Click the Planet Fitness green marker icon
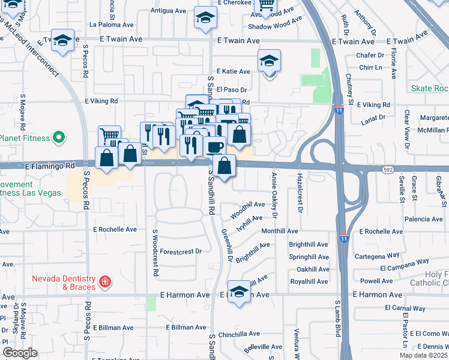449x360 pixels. (58, 139)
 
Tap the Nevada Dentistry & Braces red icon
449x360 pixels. (105, 281)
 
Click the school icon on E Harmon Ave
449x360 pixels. (239, 292)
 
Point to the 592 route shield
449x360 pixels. (388, 170)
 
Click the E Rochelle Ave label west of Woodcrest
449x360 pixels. (115, 229)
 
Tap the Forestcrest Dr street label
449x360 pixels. (181, 251)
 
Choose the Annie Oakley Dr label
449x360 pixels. (274, 195)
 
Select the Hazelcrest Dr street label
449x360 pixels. (299, 193)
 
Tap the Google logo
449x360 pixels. (20, 353)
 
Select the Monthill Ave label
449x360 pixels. (280, 231)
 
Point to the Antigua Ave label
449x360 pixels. (169, 11)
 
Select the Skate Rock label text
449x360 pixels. (429, 88)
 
